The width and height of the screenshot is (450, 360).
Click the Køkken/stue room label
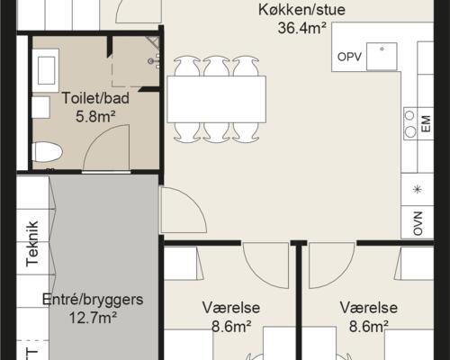point(301,11)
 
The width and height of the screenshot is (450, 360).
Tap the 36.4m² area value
point(301,28)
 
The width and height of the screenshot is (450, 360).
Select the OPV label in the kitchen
point(348,57)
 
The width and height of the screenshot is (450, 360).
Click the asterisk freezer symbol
point(417,189)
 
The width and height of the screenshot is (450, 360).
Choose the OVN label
point(418,221)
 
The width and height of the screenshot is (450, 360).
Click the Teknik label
point(33,238)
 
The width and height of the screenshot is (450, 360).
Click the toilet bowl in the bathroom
point(47,150)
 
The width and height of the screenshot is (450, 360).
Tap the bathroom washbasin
point(45,68)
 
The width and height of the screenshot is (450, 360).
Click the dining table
point(216,99)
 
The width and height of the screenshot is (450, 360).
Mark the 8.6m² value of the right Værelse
point(364,326)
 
